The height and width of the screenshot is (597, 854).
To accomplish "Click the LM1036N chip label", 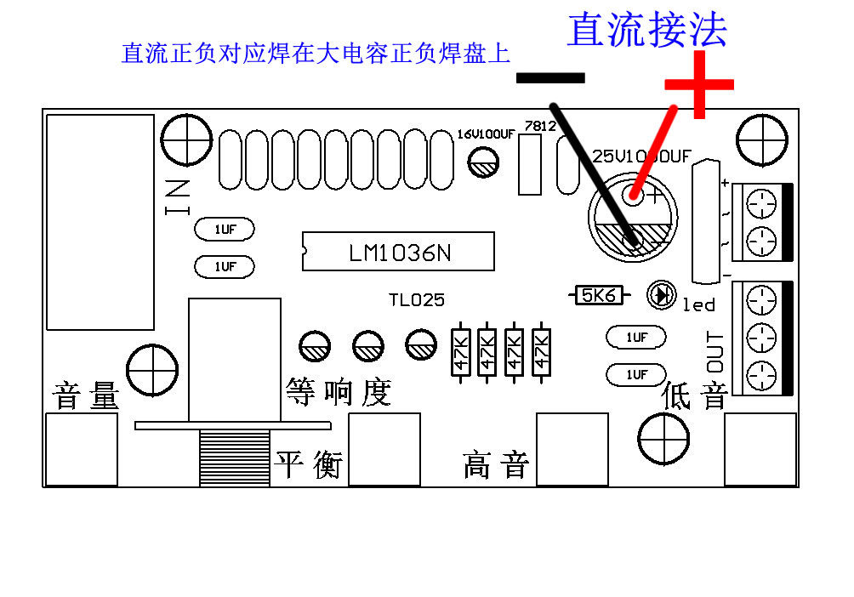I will (x=398, y=253).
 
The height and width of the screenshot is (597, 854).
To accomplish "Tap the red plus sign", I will (x=699, y=84).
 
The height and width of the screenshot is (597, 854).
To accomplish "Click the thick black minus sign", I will (x=550, y=77).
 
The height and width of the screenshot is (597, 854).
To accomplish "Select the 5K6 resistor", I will (x=598, y=295).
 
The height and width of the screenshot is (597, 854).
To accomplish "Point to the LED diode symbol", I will (x=661, y=295).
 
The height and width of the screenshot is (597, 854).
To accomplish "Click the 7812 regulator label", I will (x=540, y=126).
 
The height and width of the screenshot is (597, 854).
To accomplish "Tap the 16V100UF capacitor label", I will (x=486, y=134).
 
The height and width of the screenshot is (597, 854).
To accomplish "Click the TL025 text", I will (x=417, y=300).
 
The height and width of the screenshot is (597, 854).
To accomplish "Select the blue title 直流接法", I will (x=647, y=30).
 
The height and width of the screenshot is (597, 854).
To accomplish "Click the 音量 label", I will (x=86, y=396).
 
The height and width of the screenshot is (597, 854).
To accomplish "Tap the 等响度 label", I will (x=338, y=392).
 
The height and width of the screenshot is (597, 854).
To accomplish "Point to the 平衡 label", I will (x=308, y=464).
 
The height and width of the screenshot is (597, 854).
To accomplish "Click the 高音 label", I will (x=496, y=465).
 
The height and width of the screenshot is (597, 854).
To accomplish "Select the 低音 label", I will (x=695, y=395).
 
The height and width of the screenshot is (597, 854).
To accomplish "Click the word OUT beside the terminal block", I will (x=716, y=350).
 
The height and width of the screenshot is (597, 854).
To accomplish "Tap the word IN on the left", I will (x=178, y=198).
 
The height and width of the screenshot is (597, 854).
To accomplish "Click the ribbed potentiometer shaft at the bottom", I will (x=234, y=458).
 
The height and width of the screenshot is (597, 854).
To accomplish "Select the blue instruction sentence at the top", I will (x=316, y=54).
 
